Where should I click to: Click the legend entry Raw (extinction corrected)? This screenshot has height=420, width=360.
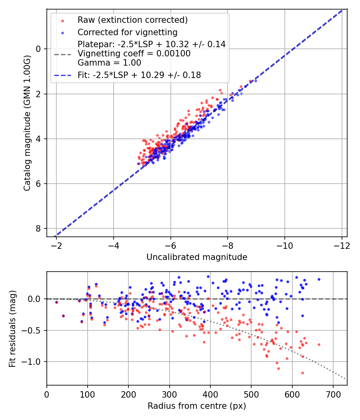click(132, 20)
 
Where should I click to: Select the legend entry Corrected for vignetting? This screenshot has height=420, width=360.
click(128, 32)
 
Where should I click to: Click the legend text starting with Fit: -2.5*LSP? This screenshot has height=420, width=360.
click(139, 75)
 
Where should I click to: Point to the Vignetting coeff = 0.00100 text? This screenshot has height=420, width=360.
click(134, 53)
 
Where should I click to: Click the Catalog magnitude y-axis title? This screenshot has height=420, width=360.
click(27, 122)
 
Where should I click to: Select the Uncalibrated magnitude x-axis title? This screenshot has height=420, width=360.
click(197, 257)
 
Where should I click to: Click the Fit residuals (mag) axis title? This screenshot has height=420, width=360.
click(12, 328)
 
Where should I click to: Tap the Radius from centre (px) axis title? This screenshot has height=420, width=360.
click(197, 406)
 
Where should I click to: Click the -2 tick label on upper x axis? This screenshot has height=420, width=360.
click(56, 244)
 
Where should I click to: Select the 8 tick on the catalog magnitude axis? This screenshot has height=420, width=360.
click(39, 228)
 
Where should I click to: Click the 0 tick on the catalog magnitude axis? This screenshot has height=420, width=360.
click(39, 49)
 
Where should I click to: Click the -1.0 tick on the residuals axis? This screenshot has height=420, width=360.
click(33, 362)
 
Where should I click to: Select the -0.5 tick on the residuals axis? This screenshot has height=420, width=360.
click(33, 330)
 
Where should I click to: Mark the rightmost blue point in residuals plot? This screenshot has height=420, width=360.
click(319, 279)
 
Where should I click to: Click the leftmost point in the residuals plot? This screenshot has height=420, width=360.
click(56, 302)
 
